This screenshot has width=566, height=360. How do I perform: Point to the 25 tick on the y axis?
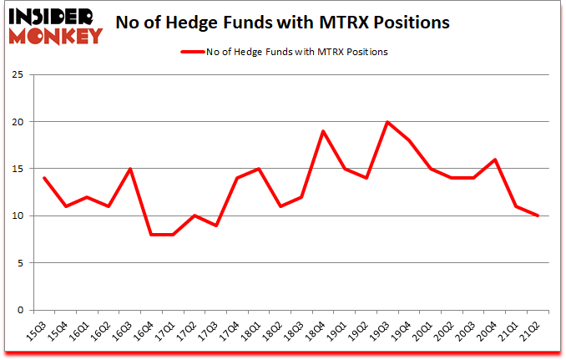(x=17, y=75)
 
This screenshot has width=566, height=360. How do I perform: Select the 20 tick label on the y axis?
(x=17, y=122)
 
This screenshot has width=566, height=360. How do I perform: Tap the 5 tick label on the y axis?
(x=19, y=263)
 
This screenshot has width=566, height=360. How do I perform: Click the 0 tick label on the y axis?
(x=19, y=310)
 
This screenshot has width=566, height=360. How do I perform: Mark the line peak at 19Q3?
(x=387, y=122)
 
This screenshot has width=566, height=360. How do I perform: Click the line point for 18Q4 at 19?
(x=322, y=131)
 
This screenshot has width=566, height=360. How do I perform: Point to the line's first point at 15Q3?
(x=43, y=178)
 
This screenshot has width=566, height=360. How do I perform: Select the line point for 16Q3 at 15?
(x=130, y=169)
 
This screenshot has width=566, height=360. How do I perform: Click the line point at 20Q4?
(x=495, y=160)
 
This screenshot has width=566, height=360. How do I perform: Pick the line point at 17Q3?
(x=217, y=226)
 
